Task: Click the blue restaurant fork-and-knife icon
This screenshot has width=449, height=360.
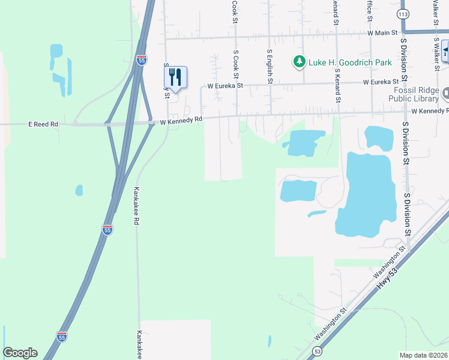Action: [x=175, y=77]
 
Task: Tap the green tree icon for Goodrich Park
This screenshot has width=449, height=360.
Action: [x=298, y=62]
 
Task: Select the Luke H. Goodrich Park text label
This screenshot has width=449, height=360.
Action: [x=350, y=62]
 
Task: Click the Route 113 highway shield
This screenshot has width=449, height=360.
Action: [x=403, y=13]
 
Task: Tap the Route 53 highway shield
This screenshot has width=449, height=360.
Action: [x=317, y=350]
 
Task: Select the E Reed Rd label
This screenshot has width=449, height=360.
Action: [x=43, y=124]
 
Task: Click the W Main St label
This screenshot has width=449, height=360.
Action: [x=382, y=34]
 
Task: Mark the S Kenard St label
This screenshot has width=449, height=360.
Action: [x=337, y=83]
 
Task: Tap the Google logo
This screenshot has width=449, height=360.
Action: [x=20, y=353]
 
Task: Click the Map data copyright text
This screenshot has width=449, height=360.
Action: [x=424, y=355]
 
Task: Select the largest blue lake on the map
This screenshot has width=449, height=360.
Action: [x=366, y=192]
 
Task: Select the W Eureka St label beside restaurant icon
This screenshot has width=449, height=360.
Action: [x=225, y=86]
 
